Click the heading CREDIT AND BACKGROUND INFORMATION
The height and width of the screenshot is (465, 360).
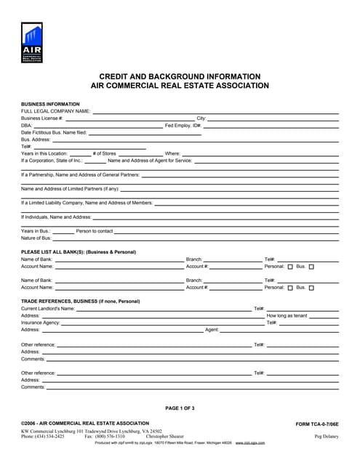180,76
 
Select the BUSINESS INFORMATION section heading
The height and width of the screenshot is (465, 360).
50,104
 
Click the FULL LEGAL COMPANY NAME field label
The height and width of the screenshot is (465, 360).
56,111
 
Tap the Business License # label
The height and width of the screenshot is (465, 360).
42,118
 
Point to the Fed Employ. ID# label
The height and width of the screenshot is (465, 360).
183,125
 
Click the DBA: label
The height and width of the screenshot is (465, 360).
27,125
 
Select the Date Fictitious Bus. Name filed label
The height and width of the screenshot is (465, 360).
55,132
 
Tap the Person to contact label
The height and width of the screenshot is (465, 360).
95,231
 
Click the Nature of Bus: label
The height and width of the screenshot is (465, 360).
36,238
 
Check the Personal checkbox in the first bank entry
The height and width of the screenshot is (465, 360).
290,267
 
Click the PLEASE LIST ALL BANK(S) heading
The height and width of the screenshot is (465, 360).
79,251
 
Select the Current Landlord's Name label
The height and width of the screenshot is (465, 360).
48,308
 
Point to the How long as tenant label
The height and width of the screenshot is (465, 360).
287,315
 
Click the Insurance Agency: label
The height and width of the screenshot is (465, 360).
41,323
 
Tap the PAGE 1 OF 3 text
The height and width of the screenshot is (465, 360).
180,408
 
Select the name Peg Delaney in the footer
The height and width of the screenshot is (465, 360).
326,436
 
